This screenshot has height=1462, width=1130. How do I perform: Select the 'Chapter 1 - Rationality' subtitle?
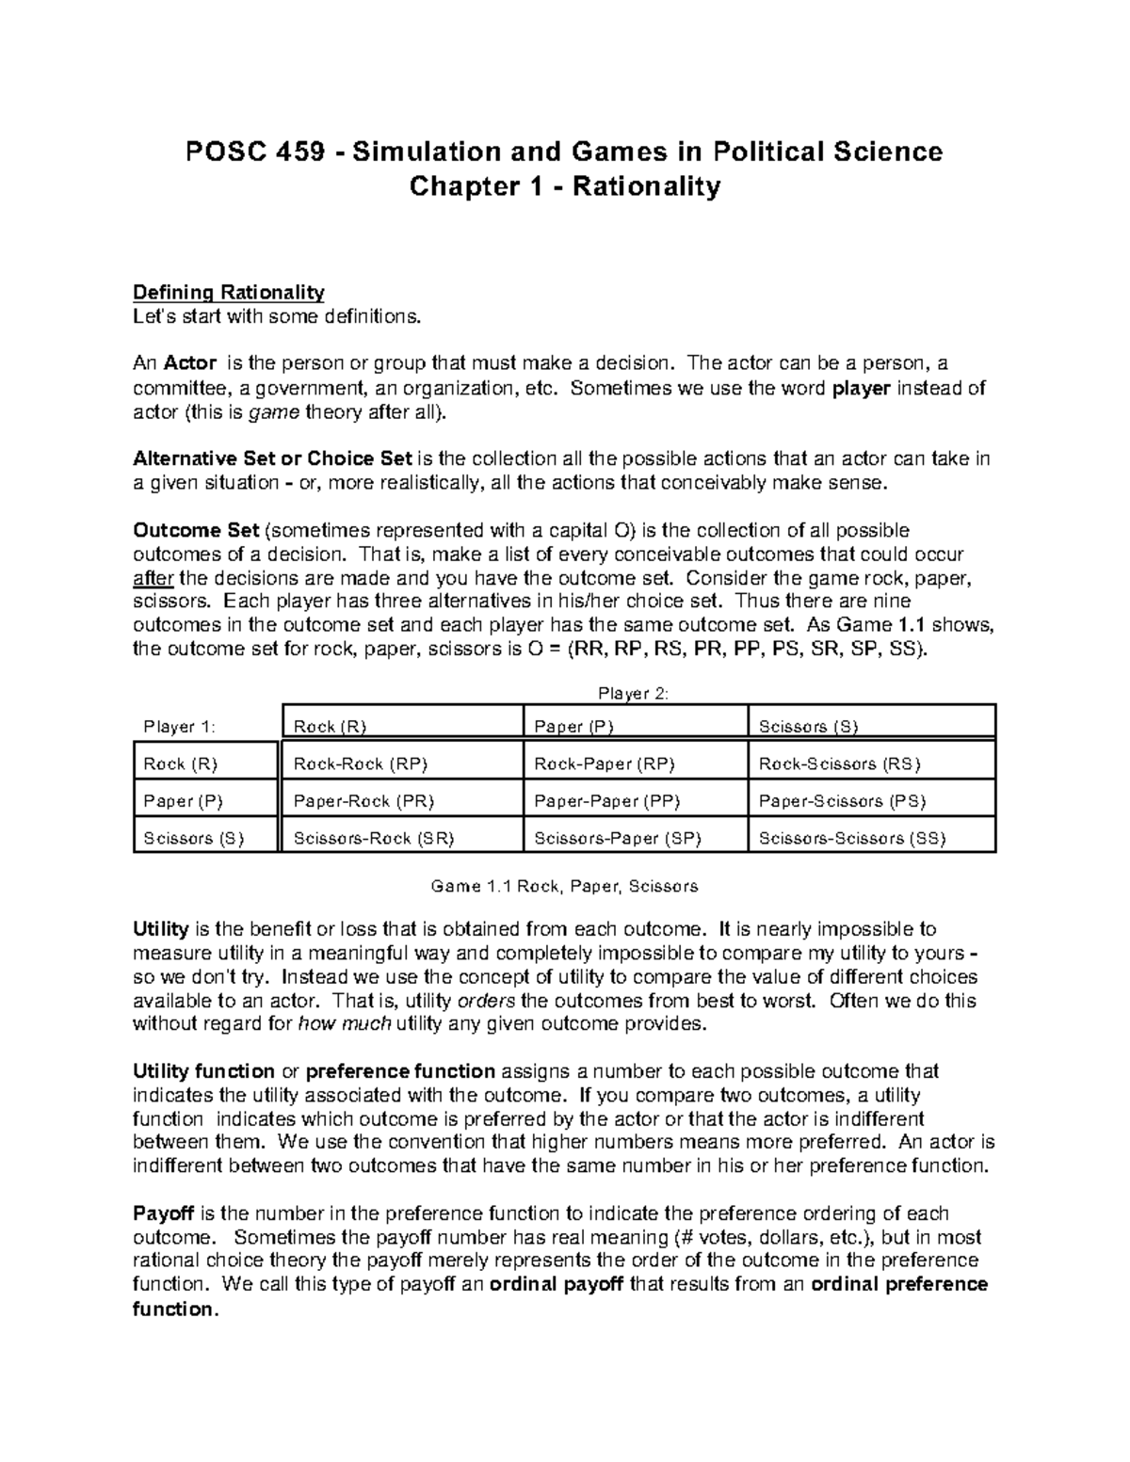coord(564,186)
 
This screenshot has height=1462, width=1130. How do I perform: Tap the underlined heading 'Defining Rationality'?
coord(229,292)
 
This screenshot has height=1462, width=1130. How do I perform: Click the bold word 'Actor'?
coord(190,363)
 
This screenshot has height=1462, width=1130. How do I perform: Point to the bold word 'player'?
coord(862,387)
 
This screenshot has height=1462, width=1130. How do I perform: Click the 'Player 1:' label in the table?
coord(179,727)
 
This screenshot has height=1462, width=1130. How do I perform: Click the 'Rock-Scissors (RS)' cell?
coord(840,764)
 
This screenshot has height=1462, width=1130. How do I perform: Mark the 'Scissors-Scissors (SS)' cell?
coord(852,838)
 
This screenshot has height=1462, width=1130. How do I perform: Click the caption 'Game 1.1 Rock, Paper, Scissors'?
coord(564,886)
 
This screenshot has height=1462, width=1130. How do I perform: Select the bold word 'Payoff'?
coord(159,1213)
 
